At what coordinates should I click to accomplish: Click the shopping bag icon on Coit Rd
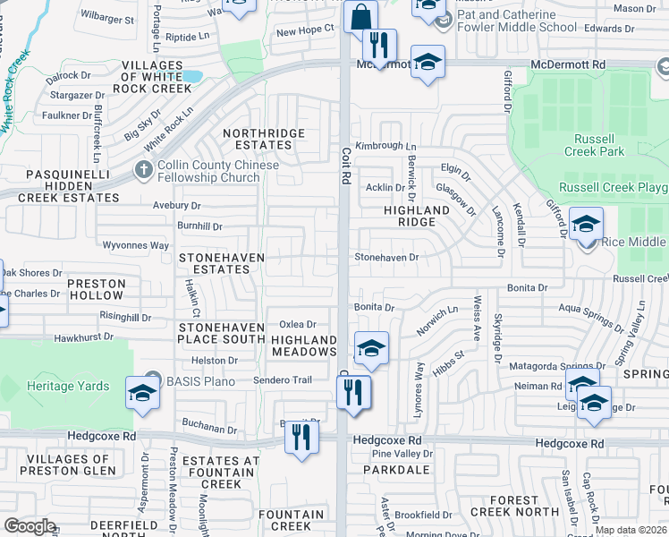pyautogui.click(x=360, y=17)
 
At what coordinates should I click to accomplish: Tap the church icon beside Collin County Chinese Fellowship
pyautogui.click(x=143, y=169)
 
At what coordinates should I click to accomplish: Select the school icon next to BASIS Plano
pyautogui.click(x=142, y=393)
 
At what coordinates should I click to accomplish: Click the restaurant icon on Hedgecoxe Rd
pyautogui.click(x=300, y=437)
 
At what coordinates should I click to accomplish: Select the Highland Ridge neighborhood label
pyautogui.click(x=416, y=216)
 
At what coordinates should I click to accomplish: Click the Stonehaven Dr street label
pyautogui.click(x=386, y=257)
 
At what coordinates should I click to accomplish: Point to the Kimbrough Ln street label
pyautogui.click(x=385, y=146)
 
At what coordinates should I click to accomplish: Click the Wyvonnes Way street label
pyautogui.click(x=136, y=245)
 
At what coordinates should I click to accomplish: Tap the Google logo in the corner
pyautogui.click(x=30, y=525)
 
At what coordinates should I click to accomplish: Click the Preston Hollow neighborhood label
pyautogui.click(x=97, y=289)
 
